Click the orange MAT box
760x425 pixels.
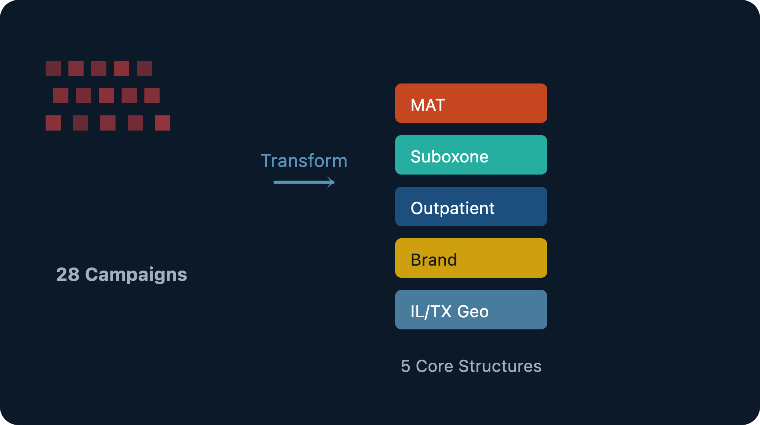[x=471, y=103]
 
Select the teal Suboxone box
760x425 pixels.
[x=471, y=155]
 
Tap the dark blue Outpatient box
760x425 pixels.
[x=471, y=206]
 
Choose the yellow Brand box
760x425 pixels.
[x=471, y=258]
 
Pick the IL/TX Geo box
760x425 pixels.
[x=471, y=310]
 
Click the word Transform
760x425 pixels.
[x=304, y=161]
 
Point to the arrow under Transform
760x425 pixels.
[x=304, y=182]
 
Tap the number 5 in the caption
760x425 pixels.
[x=405, y=366]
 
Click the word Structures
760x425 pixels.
[x=500, y=366]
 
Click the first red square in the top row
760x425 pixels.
[x=53, y=68]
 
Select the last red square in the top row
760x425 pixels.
[x=144, y=68]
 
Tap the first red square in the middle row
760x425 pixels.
[x=61, y=96]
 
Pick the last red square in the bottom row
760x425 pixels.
[x=163, y=123]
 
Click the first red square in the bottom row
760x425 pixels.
[x=53, y=123]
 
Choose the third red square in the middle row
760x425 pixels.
[x=106, y=96]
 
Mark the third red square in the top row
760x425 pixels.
[x=99, y=68]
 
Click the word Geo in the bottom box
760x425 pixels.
[x=473, y=312]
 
